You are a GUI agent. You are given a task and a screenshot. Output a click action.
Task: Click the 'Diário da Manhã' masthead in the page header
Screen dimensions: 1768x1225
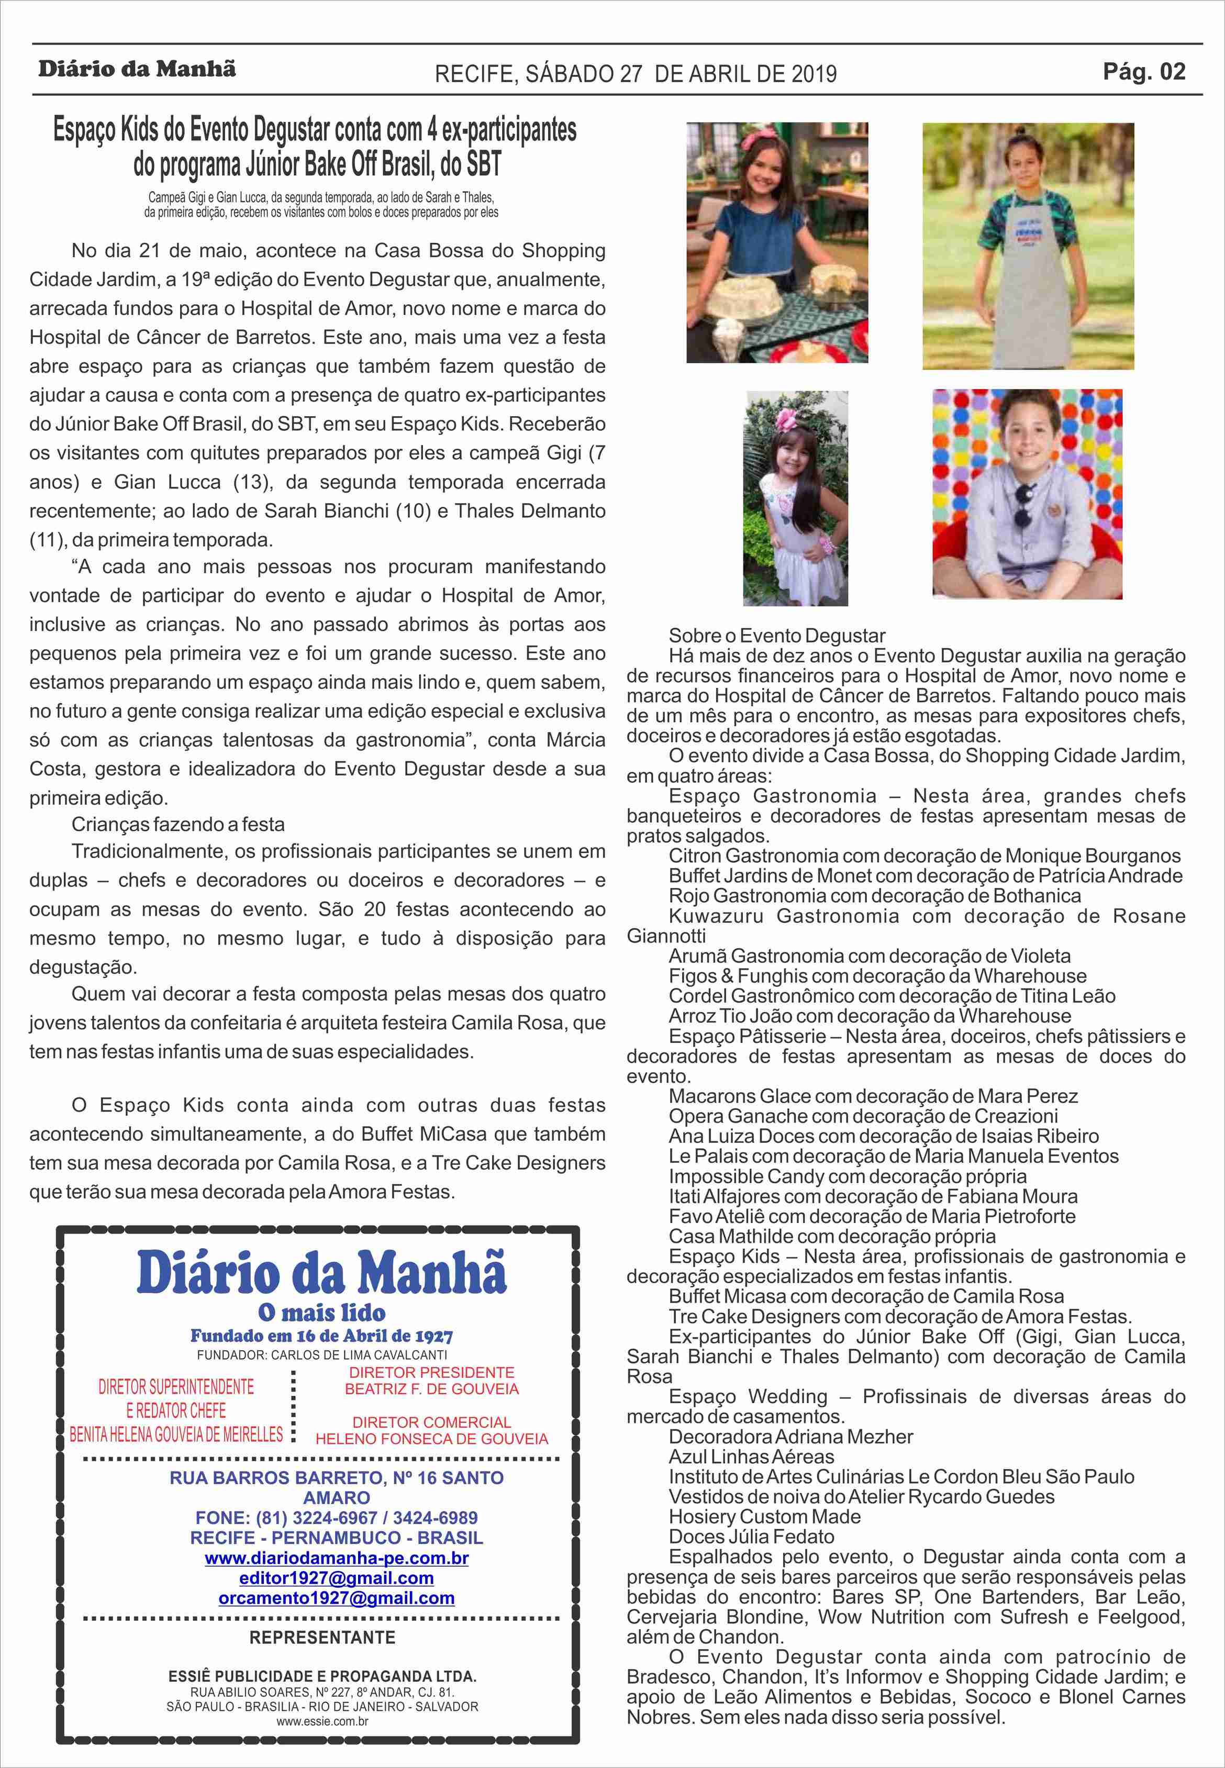tap(137, 69)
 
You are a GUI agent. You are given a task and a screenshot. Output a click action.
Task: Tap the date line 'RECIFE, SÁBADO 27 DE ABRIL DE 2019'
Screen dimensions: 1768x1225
tap(636, 74)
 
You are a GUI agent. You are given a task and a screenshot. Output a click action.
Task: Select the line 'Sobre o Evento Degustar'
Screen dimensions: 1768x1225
tap(777, 636)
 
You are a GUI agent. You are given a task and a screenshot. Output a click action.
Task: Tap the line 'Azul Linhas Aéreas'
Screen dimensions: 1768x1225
tap(751, 1456)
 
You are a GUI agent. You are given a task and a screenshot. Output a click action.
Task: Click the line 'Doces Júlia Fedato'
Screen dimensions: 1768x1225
tap(751, 1536)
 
